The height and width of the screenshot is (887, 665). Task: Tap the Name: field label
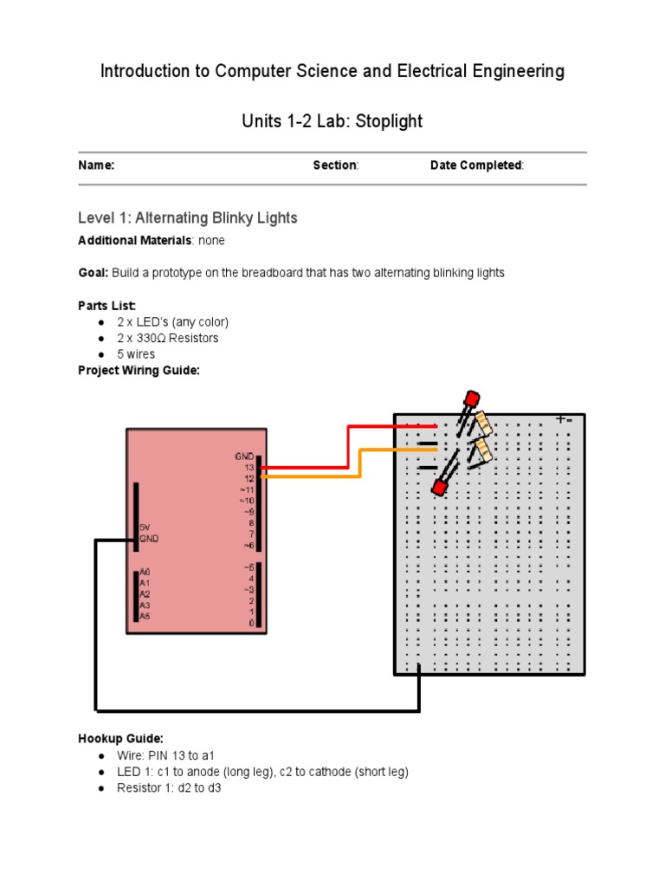click(96, 165)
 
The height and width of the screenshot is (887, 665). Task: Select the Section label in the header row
click(335, 165)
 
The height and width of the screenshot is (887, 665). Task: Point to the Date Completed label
click(476, 165)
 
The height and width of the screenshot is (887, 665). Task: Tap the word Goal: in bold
click(94, 273)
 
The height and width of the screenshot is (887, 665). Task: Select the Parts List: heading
click(107, 306)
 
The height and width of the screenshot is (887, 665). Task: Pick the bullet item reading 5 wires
click(136, 354)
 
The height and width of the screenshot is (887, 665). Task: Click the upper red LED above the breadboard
click(470, 400)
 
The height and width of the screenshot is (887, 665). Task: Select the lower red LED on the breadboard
click(439, 489)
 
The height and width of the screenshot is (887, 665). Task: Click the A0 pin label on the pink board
click(145, 573)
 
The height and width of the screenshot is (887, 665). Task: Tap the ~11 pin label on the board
click(246, 489)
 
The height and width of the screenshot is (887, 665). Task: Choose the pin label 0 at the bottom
click(251, 623)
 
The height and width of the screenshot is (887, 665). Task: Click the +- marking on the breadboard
click(564, 419)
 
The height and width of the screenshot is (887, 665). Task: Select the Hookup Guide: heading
click(120, 739)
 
